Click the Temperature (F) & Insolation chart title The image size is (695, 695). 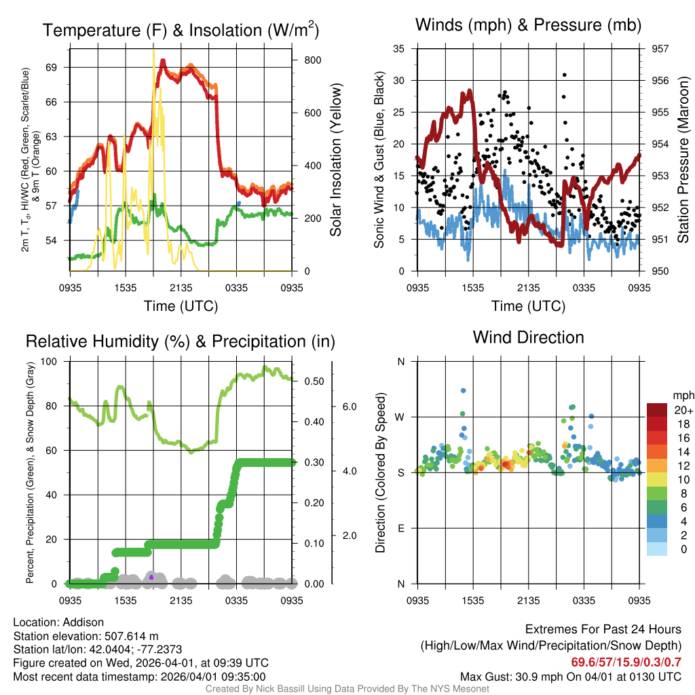click(181, 30)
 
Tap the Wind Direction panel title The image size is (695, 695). click(528, 337)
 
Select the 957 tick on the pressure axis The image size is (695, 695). click(660, 49)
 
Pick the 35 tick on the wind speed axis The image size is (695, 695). click(398, 49)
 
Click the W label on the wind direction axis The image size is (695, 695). click(400, 417)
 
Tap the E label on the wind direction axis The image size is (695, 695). click(400, 528)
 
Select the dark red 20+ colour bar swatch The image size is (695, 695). click(657, 410)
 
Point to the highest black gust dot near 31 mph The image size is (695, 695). click(565, 75)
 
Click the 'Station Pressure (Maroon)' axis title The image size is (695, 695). click(684, 159)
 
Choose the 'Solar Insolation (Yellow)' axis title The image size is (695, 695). click(336, 159)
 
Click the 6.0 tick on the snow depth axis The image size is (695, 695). click(350, 407)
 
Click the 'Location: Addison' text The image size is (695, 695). click(58, 622)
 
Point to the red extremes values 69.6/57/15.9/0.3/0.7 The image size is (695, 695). click(625, 662)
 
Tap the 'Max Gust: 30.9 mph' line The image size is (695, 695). click(570, 677)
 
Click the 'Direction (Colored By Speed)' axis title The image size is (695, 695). click(381, 472)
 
